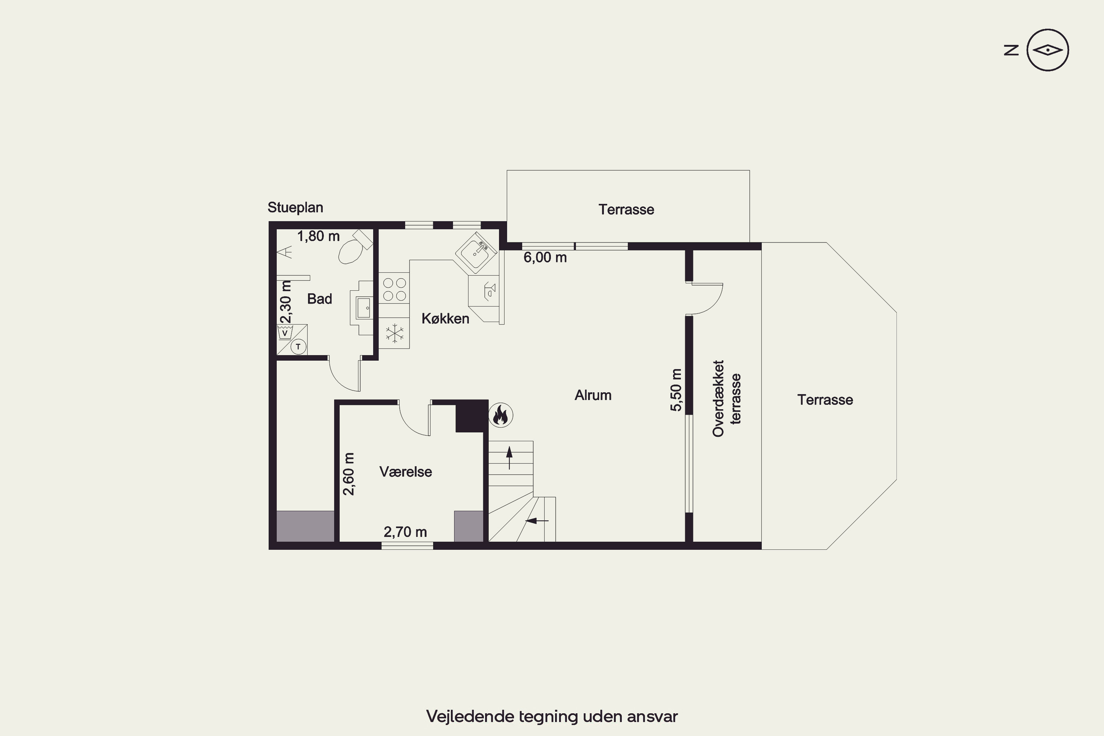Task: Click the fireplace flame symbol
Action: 500,415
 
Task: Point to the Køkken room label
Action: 445,318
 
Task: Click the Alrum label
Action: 593,395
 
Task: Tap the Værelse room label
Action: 406,472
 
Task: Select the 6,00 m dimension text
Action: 545,258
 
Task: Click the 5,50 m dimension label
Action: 676,390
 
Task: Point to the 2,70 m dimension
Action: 405,532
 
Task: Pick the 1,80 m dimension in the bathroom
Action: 318,236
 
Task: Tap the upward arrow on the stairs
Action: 509,458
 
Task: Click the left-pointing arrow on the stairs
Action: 537,521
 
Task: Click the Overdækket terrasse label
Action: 726,399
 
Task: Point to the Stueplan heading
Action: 295,208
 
